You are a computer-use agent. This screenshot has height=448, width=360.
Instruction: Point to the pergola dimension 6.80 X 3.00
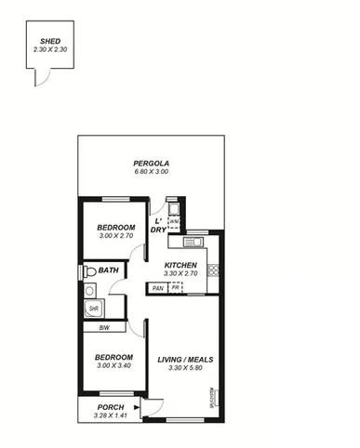pos(151,172)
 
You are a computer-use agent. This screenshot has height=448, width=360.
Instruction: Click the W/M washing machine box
pos(174,222)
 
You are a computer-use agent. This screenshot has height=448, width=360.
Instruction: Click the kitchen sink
pos(194,244)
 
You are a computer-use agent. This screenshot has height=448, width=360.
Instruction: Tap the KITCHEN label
pos(180,265)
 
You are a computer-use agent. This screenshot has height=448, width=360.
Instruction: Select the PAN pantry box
pos(158,288)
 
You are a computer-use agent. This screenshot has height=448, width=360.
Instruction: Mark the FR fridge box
pos(175,288)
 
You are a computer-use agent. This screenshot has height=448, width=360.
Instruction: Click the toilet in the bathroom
pos(89,271)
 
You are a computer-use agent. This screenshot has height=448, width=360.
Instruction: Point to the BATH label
pos(109,271)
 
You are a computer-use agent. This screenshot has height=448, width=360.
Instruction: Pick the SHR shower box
pos(93,309)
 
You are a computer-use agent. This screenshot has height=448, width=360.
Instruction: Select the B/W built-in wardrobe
pos(103,327)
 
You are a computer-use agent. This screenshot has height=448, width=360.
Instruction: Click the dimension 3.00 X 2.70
pos(116,236)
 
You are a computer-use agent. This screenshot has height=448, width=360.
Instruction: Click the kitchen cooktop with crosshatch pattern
pos(213,270)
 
